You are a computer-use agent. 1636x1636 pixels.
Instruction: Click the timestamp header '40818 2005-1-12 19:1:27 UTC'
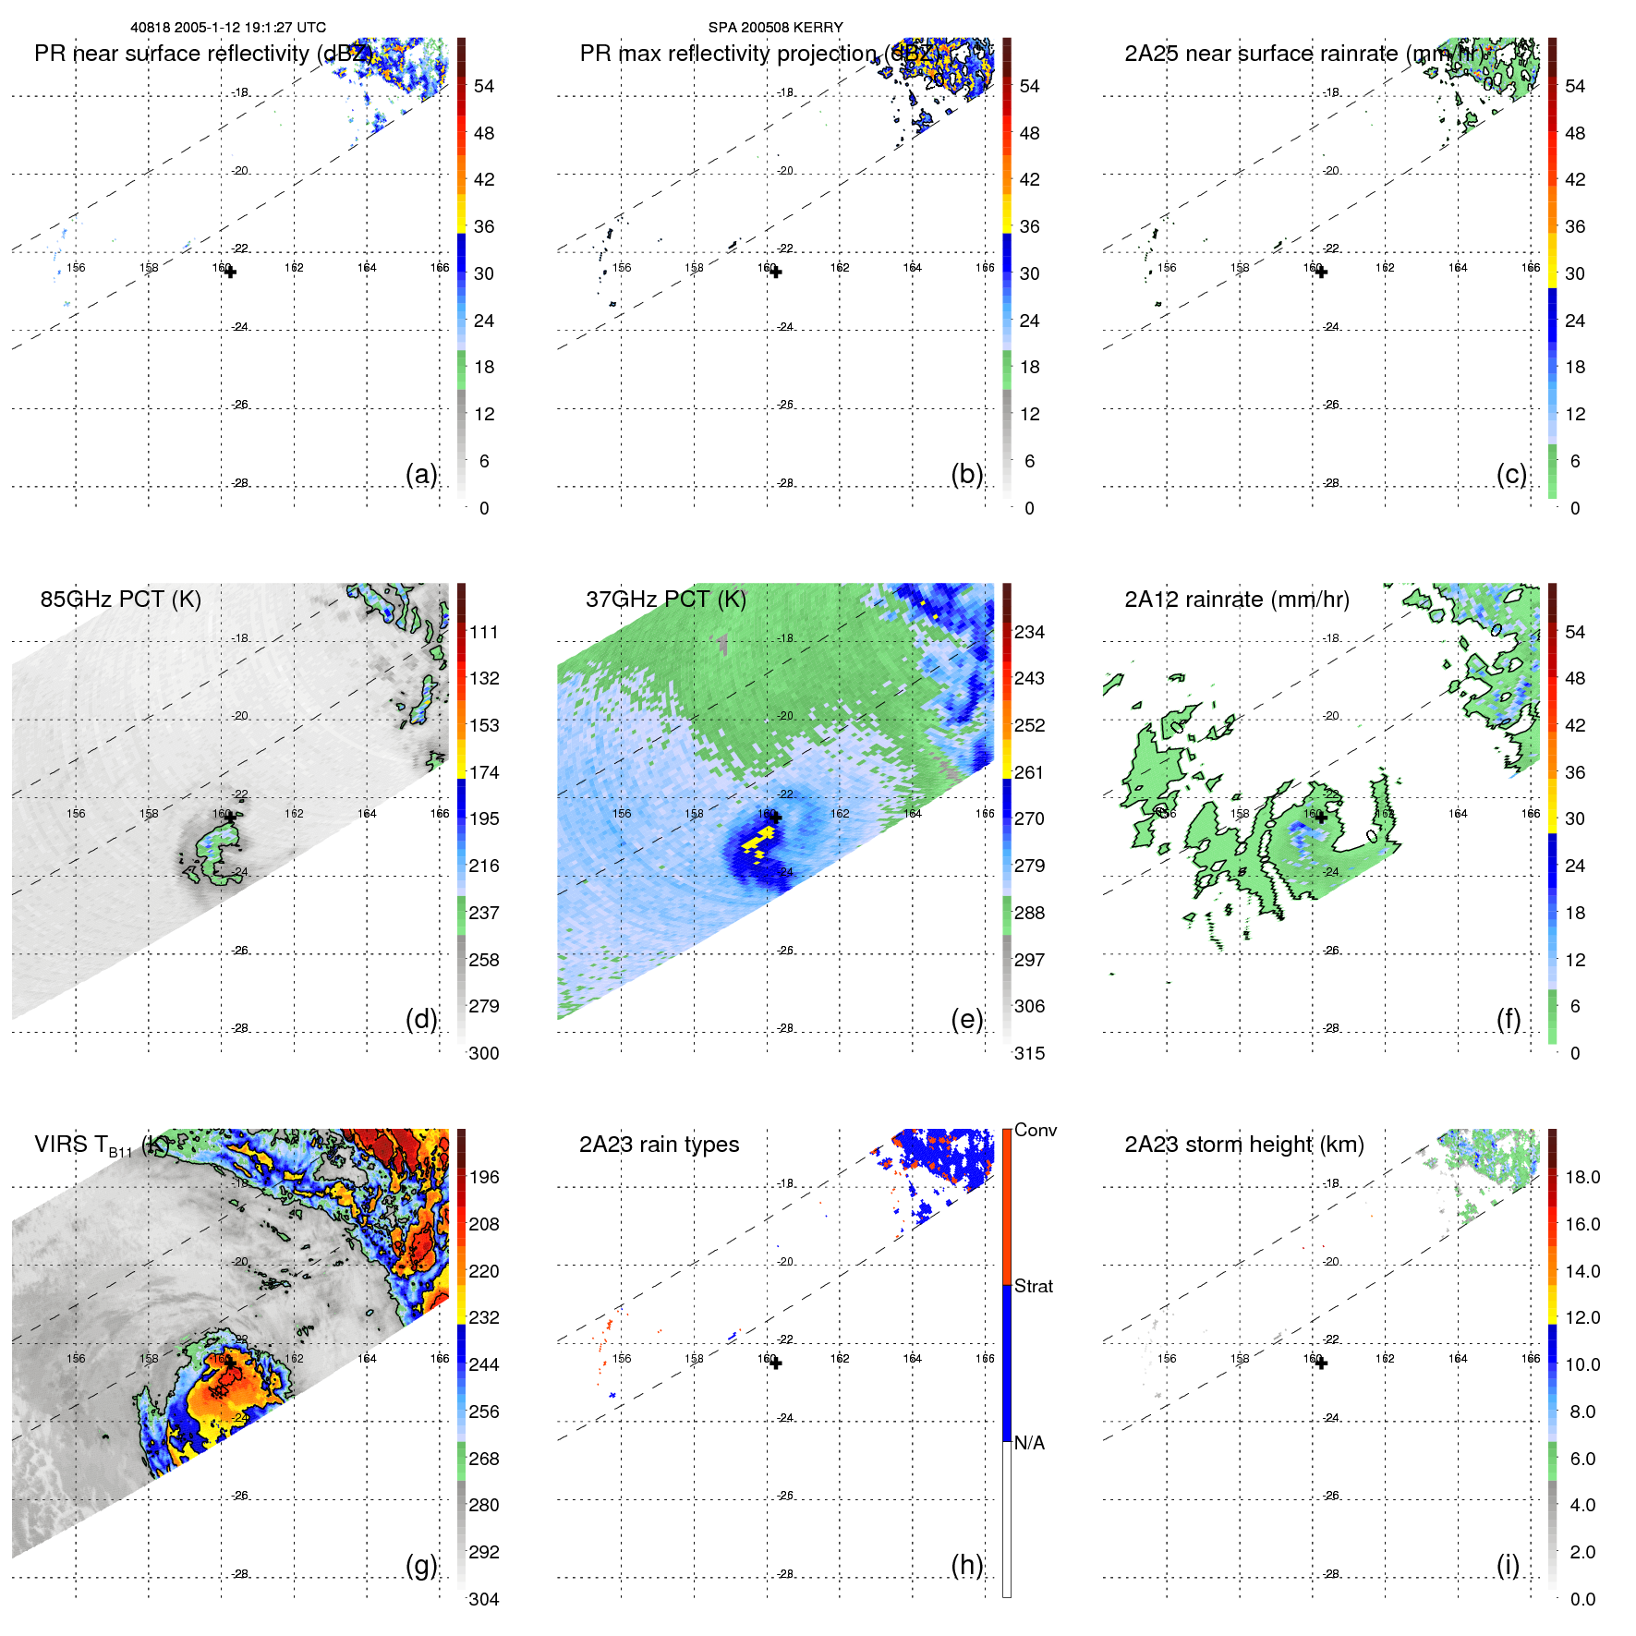[227, 28]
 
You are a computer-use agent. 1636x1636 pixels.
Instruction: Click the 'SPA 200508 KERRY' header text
[775, 28]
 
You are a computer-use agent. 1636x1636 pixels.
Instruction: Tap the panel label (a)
[421, 474]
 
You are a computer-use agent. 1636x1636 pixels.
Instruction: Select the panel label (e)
[966, 1019]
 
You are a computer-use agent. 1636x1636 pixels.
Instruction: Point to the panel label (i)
[1508, 1565]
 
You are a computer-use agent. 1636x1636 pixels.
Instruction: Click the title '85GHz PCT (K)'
[120, 599]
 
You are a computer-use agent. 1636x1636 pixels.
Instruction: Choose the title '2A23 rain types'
[659, 1145]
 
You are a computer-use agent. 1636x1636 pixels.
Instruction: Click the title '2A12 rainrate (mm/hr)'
[1236, 599]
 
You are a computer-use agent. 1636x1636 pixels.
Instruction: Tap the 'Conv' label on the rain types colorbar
[1035, 1130]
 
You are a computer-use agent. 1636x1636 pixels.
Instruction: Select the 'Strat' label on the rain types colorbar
[1033, 1286]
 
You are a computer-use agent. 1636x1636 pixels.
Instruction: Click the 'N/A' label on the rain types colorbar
[1029, 1443]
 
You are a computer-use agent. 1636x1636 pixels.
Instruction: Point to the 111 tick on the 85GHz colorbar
[484, 632]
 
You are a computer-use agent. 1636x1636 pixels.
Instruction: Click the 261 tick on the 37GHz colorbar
[1029, 772]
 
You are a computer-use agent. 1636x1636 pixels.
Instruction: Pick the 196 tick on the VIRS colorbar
[484, 1177]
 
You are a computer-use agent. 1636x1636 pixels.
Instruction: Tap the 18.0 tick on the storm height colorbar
[1581, 1177]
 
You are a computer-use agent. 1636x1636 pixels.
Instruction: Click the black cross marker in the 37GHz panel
[776, 818]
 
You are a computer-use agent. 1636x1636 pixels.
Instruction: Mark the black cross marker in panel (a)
[230, 272]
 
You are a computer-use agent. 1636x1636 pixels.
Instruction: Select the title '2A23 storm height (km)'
[1243, 1145]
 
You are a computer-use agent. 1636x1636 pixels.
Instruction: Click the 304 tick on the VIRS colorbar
[484, 1599]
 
